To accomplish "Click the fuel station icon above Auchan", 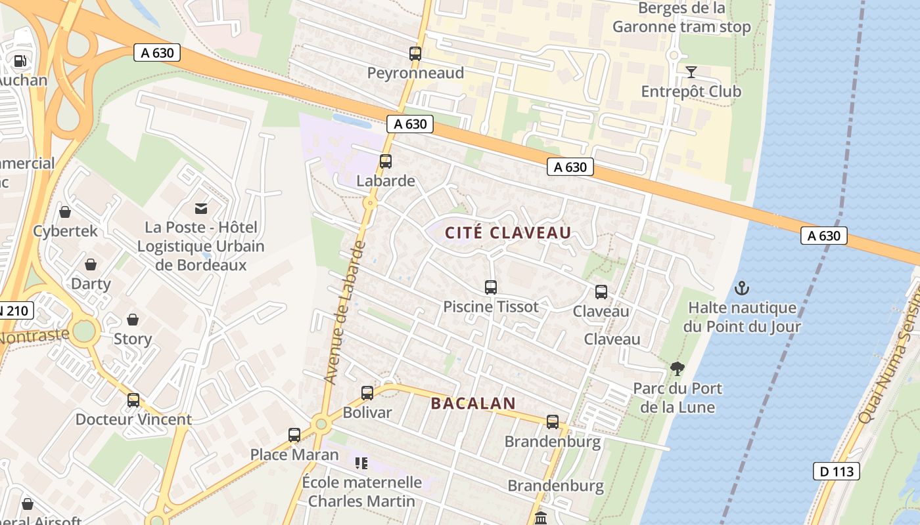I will click(20, 61).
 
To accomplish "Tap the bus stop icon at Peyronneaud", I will click(415, 54).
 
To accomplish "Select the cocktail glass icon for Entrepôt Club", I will click(691, 72).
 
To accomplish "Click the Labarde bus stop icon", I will click(386, 161).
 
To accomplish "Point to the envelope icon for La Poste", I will click(201, 209).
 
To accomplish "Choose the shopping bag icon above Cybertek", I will click(65, 212).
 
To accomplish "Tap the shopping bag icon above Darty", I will click(91, 264).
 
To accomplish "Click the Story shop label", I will click(133, 339).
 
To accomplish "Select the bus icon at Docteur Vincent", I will click(133, 400).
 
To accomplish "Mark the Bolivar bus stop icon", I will click(367, 393).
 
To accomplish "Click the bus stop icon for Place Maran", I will click(294, 435).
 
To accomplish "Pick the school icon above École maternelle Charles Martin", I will click(361, 463).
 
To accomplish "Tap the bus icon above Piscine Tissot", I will click(491, 287).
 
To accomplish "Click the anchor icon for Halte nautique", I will click(742, 288).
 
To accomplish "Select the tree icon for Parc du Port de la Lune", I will click(678, 369).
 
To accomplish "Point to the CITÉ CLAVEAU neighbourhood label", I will click(508, 233).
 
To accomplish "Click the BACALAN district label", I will click(472, 404).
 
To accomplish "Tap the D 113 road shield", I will click(836, 471).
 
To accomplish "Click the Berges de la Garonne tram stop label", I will click(681, 18).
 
